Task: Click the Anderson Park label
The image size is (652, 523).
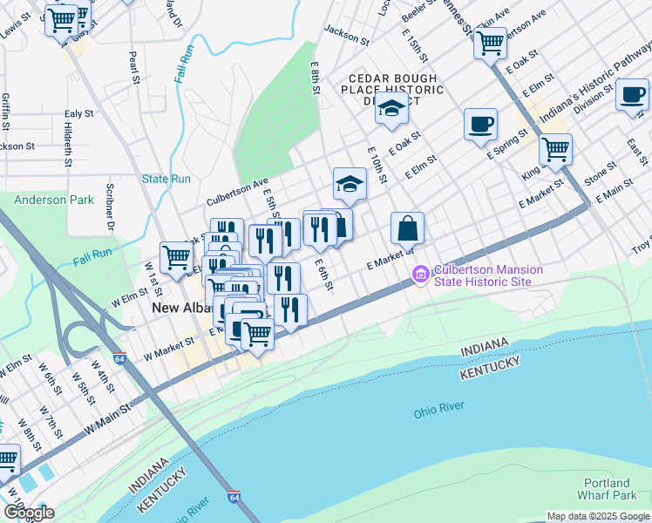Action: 53,200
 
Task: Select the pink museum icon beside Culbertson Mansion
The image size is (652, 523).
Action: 421,276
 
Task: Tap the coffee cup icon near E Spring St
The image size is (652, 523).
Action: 479,125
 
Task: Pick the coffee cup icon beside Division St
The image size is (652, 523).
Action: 632,94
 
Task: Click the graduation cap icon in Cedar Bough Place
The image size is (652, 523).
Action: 391,109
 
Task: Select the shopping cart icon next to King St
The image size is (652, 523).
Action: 554,149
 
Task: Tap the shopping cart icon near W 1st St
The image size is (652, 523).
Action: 177,256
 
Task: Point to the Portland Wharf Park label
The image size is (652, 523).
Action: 608,489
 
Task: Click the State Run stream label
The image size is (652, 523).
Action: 166,179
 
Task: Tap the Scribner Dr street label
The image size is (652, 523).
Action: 111,212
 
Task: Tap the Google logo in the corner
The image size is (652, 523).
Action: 29,513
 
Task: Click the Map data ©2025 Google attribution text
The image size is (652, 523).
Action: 598,516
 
